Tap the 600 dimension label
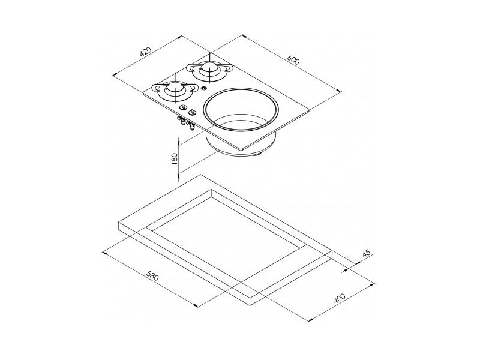pos(293,60)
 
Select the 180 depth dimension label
pos(175,159)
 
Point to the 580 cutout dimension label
pos(152,276)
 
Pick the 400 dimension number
pos(339,298)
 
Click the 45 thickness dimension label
pos(367,254)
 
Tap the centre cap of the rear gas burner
pos(210,68)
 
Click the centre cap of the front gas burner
pos(175,88)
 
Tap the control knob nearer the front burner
pos(183,107)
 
